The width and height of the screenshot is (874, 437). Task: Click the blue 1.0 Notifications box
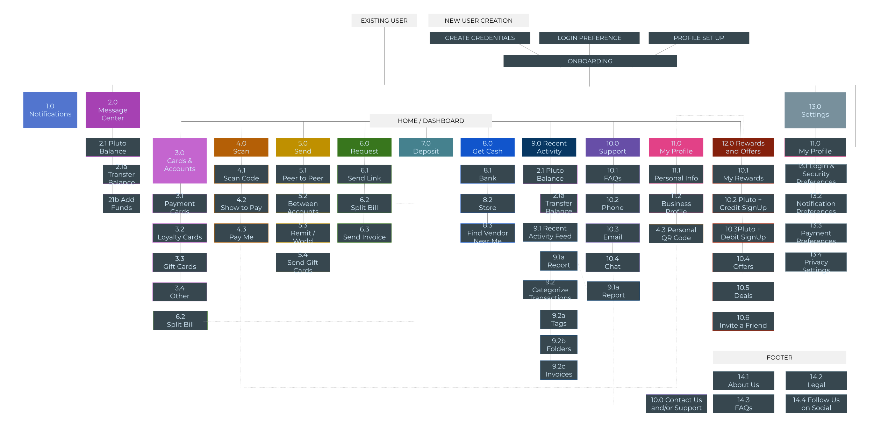50,110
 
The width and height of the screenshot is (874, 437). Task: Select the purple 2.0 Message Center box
113,110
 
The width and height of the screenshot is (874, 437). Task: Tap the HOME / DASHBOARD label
431,121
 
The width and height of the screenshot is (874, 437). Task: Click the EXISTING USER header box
384,21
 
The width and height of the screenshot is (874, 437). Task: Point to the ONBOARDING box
590,61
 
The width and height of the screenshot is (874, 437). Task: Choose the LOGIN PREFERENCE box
589,38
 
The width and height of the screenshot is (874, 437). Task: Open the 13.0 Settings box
815,110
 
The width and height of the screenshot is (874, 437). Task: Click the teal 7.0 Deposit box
426,147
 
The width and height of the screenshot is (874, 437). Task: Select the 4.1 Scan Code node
241,174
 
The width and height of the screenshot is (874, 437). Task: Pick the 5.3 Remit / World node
303,233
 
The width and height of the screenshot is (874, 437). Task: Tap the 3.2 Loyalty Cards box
180,233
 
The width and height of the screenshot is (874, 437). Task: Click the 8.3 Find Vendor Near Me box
487,233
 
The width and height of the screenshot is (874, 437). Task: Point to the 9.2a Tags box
559,320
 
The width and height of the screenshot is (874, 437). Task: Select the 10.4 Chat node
612,263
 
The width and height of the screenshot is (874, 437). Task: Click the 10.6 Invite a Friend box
743,322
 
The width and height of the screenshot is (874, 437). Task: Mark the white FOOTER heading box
779,357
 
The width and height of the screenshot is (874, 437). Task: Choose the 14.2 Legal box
816,381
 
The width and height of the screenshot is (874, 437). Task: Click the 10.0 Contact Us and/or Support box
676,404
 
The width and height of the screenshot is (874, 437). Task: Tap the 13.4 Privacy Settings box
816,262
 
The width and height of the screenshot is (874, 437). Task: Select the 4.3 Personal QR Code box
676,234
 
